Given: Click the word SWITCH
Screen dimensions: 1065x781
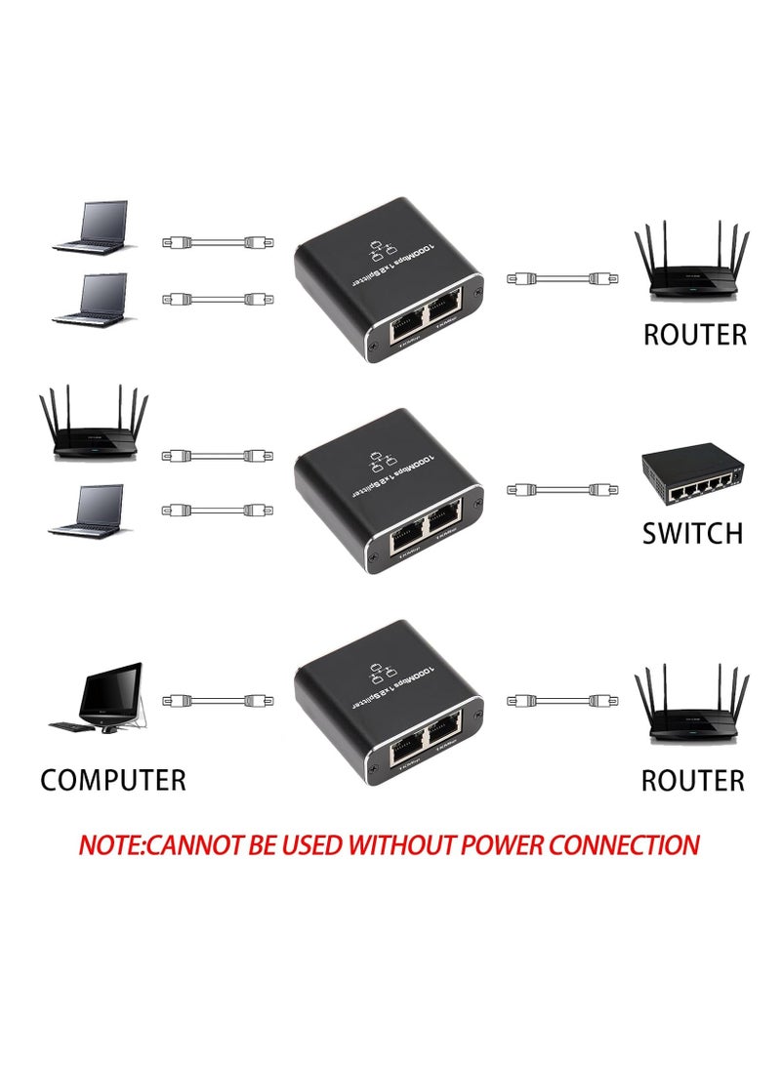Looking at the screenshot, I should pos(692,533).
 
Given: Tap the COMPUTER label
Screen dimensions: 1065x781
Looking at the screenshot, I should pos(113,780).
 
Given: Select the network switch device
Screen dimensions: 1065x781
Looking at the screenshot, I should pos(691,474).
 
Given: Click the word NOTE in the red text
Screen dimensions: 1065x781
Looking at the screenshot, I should pos(107,844).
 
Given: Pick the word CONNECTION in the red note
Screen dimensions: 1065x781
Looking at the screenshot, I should pos(625,844).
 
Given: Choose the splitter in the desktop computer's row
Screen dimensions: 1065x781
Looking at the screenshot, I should pos(389,700).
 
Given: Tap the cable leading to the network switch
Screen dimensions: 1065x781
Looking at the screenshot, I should pos(558,489).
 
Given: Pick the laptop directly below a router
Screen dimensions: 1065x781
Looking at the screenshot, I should pos(89,511).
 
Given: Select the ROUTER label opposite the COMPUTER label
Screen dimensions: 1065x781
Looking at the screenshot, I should pos(692,780).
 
